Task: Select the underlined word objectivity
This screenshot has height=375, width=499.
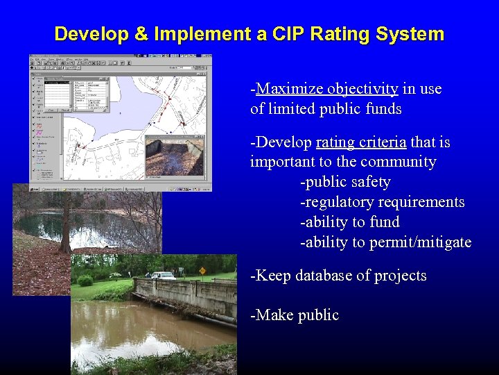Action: [x=362, y=89]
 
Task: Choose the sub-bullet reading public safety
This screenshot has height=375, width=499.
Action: [x=345, y=183]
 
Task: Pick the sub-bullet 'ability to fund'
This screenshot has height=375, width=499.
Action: [x=350, y=223]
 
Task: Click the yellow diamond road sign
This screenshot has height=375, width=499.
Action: [x=202, y=271]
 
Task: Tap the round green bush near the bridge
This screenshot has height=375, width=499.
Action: [x=85, y=281]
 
